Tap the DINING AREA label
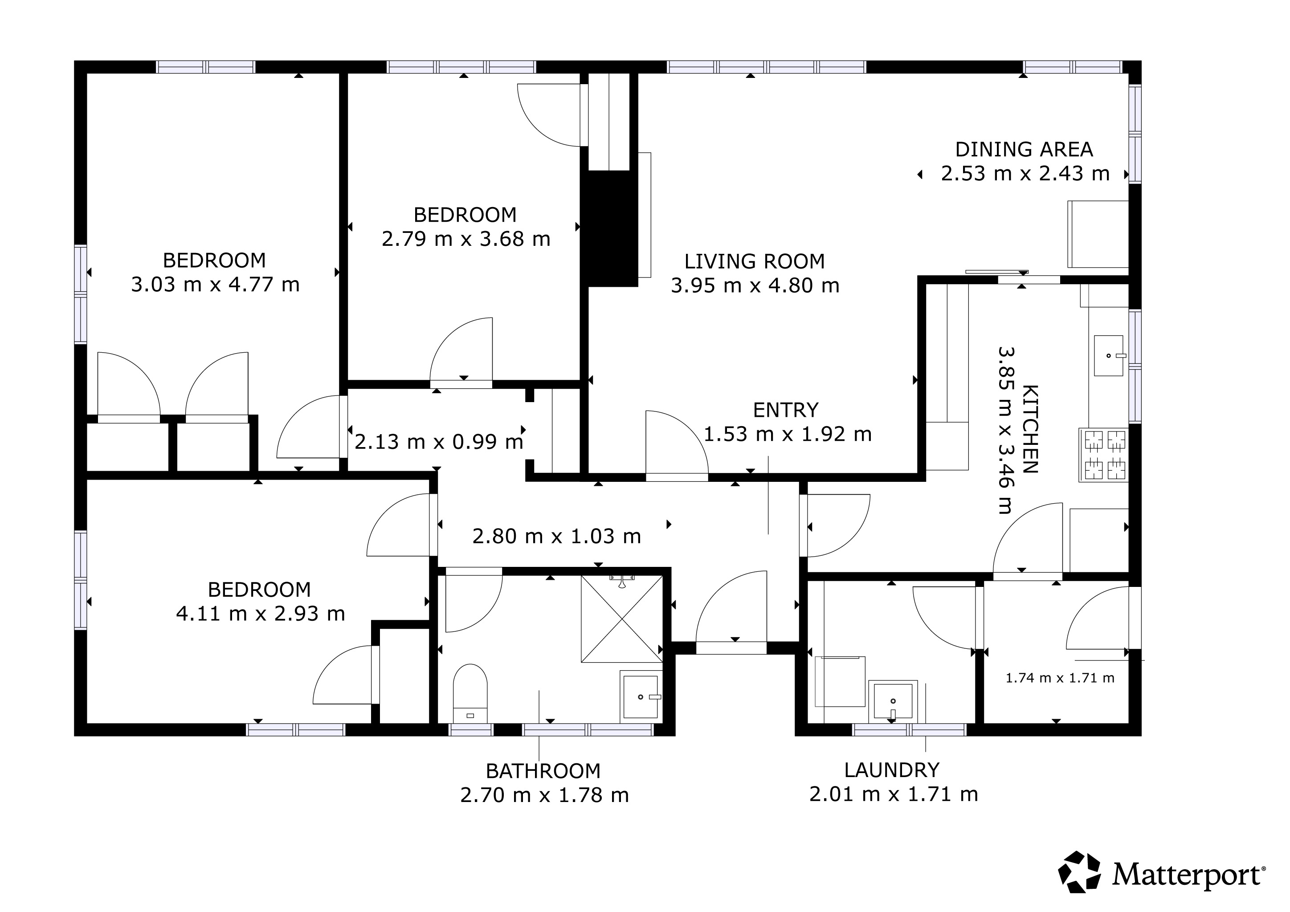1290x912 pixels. [x=1024, y=149]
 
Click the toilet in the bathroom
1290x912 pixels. [x=470, y=693]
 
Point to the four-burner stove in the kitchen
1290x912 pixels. [x=1103, y=455]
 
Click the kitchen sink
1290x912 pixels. [x=1109, y=355]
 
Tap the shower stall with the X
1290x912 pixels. [x=622, y=618]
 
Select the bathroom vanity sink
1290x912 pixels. [x=641, y=696]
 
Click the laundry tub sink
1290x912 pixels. [x=893, y=701]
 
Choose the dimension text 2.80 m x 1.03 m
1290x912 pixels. [x=557, y=536]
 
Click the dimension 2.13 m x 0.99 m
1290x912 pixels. [x=439, y=442]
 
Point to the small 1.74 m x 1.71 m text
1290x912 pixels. [x=1060, y=678]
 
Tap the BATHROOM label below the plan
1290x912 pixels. [x=543, y=771]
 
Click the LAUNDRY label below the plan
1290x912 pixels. [x=892, y=770]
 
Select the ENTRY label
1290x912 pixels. [x=785, y=411]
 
